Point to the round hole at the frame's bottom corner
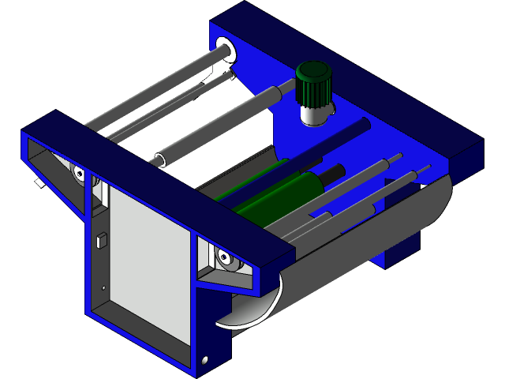point(206,359)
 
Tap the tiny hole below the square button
point(103,287)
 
